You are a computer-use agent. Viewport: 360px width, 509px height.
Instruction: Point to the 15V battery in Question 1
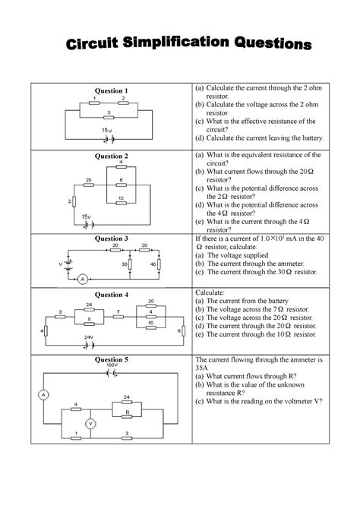click(x=111, y=139)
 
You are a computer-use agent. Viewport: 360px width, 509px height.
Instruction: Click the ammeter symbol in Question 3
click(x=78, y=279)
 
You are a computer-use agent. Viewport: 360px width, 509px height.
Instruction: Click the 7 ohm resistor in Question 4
click(x=118, y=318)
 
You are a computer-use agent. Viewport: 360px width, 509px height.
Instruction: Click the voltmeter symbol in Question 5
click(x=90, y=424)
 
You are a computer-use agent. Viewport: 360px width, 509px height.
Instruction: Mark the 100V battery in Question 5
click(x=112, y=373)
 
